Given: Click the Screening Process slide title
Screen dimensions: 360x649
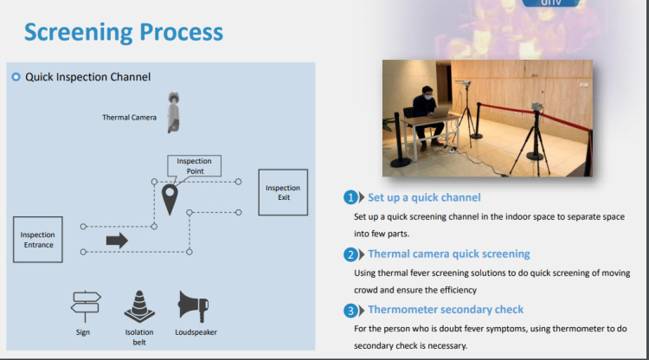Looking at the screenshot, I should click(x=124, y=33).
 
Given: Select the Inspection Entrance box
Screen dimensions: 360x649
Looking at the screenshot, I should click(x=38, y=240).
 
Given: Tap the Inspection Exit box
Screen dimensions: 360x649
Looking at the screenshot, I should click(x=283, y=192).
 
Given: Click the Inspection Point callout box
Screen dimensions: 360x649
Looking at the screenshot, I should click(x=195, y=165).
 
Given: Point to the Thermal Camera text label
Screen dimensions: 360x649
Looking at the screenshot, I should click(x=129, y=118).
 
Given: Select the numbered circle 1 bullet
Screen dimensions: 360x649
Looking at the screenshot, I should click(x=350, y=197).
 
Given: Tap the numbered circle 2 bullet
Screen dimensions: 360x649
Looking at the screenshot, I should click(x=350, y=254).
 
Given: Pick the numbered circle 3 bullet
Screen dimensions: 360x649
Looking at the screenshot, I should click(x=350, y=310).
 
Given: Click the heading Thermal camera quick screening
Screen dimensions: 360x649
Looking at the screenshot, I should click(x=449, y=254).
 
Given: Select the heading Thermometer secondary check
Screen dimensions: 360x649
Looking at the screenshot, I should click(x=446, y=309).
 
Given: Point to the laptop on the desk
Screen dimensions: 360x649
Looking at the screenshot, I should click(x=442, y=117).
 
